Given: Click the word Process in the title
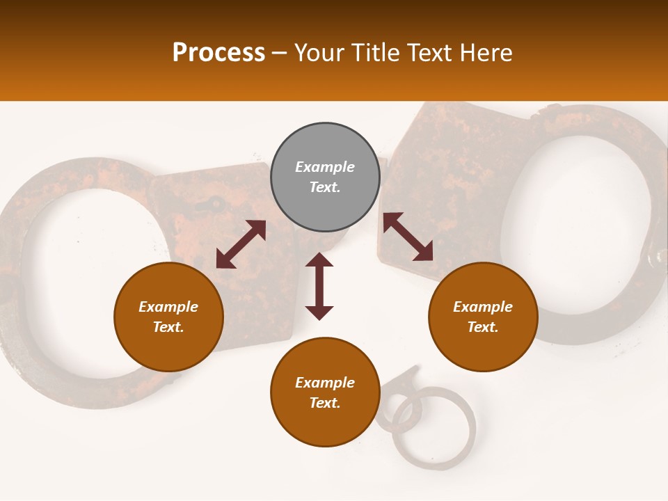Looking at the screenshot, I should point(218,53).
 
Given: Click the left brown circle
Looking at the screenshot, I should point(168,317).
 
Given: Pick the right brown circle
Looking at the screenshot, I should point(483,317).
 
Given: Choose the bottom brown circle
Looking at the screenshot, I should point(325,392).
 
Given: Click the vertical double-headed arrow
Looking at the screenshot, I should point(319,286).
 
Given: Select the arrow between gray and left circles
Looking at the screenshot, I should point(241,244).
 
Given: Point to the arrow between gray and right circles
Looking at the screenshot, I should point(408,237).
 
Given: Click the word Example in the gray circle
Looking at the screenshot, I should point(325,167).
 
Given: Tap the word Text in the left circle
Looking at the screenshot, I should point(168,327).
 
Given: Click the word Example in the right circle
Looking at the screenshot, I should point(483,307).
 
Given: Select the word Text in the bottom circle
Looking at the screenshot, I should point(325,403).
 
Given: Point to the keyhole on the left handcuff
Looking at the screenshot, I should point(217,205).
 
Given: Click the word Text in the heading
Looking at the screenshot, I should point(434,53).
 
